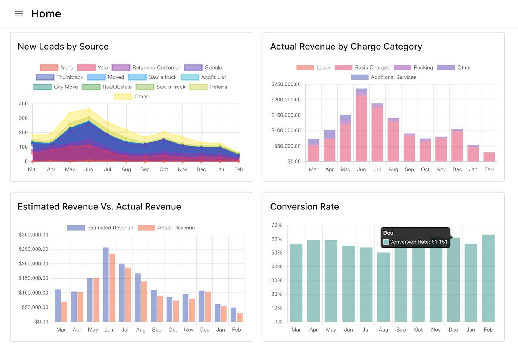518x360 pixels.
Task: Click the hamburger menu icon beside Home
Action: [x=19, y=14]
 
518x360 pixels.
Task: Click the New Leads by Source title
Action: [x=63, y=47]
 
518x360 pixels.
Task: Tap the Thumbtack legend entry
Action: [x=60, y=77]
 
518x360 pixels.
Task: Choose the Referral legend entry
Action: [x=209, y=87]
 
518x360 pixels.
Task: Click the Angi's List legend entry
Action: [x=203, y=77]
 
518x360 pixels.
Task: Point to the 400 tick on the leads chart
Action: [x=23, y=104]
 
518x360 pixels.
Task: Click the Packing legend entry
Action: [x=413, y=67]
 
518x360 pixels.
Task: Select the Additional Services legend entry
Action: [x=384, y=77]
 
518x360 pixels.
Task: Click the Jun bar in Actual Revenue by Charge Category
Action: [x=361, y=126]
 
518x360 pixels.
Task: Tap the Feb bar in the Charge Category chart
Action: [x=489, y=157]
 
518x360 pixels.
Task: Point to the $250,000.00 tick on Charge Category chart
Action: [x=286, y=84]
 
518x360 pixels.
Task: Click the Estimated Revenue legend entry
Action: [x=100, y=228]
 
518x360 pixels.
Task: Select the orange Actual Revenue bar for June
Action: [x=112, y=288]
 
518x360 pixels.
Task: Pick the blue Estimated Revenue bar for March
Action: [x=58, y=306]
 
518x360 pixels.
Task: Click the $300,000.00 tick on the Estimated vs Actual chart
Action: [x=33, y=235]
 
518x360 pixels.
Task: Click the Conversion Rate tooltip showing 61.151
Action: [x=415, y=238]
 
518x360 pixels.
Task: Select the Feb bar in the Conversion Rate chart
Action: [x=488, y=278]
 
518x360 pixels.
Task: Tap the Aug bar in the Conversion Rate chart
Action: [x=383, y=287]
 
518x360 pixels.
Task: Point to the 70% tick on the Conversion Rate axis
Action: [x=277, y=225]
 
